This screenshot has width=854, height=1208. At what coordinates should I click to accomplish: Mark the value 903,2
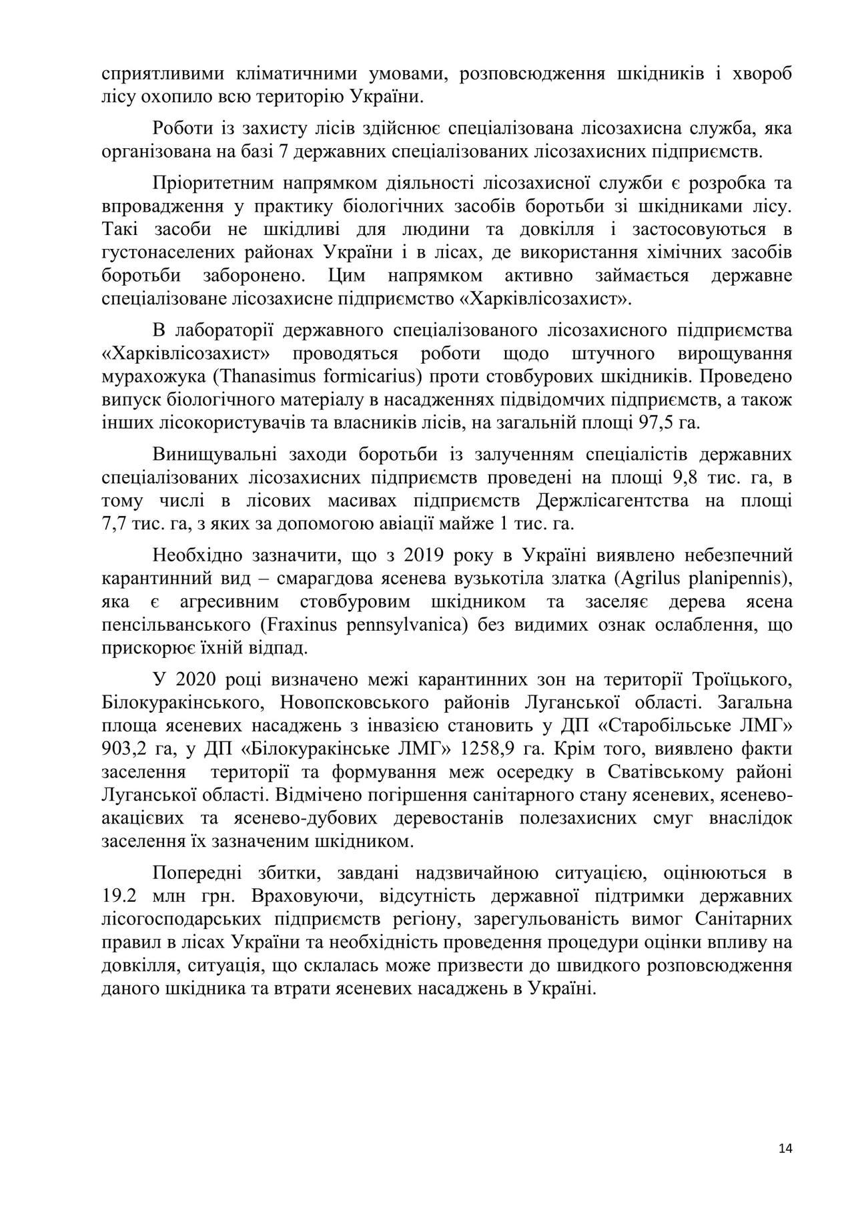point(124,749)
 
